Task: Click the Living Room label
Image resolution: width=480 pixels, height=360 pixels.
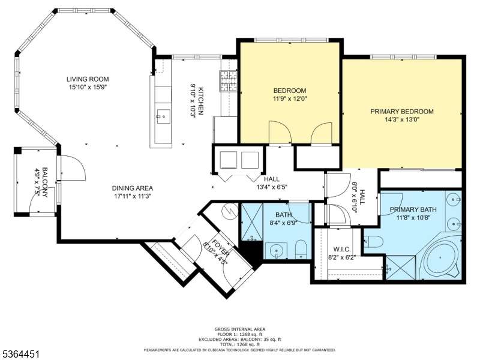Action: (88, 79)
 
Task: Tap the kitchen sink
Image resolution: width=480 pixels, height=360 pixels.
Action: (163, 116)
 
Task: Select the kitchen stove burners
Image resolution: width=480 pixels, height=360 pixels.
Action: (228, 81)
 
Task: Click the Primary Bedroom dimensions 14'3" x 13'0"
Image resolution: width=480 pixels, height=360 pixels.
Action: (401, 119)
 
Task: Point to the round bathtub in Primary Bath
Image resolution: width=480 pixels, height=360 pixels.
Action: (440, 257)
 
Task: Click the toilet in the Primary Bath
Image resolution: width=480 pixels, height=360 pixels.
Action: (373, 242)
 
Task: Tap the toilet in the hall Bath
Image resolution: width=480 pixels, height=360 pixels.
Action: (302, 249)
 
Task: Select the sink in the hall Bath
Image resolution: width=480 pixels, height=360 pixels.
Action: (276, 251)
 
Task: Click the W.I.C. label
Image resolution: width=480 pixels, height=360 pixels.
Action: (342, 250)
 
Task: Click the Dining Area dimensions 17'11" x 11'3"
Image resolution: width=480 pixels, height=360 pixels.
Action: (133, 196)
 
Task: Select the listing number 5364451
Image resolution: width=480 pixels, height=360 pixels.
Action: (20, 354)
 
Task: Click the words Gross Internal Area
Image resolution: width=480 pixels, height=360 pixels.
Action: (240, 329)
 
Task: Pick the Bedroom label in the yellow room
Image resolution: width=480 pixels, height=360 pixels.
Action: (290, 91)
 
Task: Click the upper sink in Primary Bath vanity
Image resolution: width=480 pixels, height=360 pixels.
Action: (454, 200)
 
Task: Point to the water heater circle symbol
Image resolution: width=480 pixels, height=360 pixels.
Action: (230, 211)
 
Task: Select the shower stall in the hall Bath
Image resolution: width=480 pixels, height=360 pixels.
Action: (252, 221)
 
